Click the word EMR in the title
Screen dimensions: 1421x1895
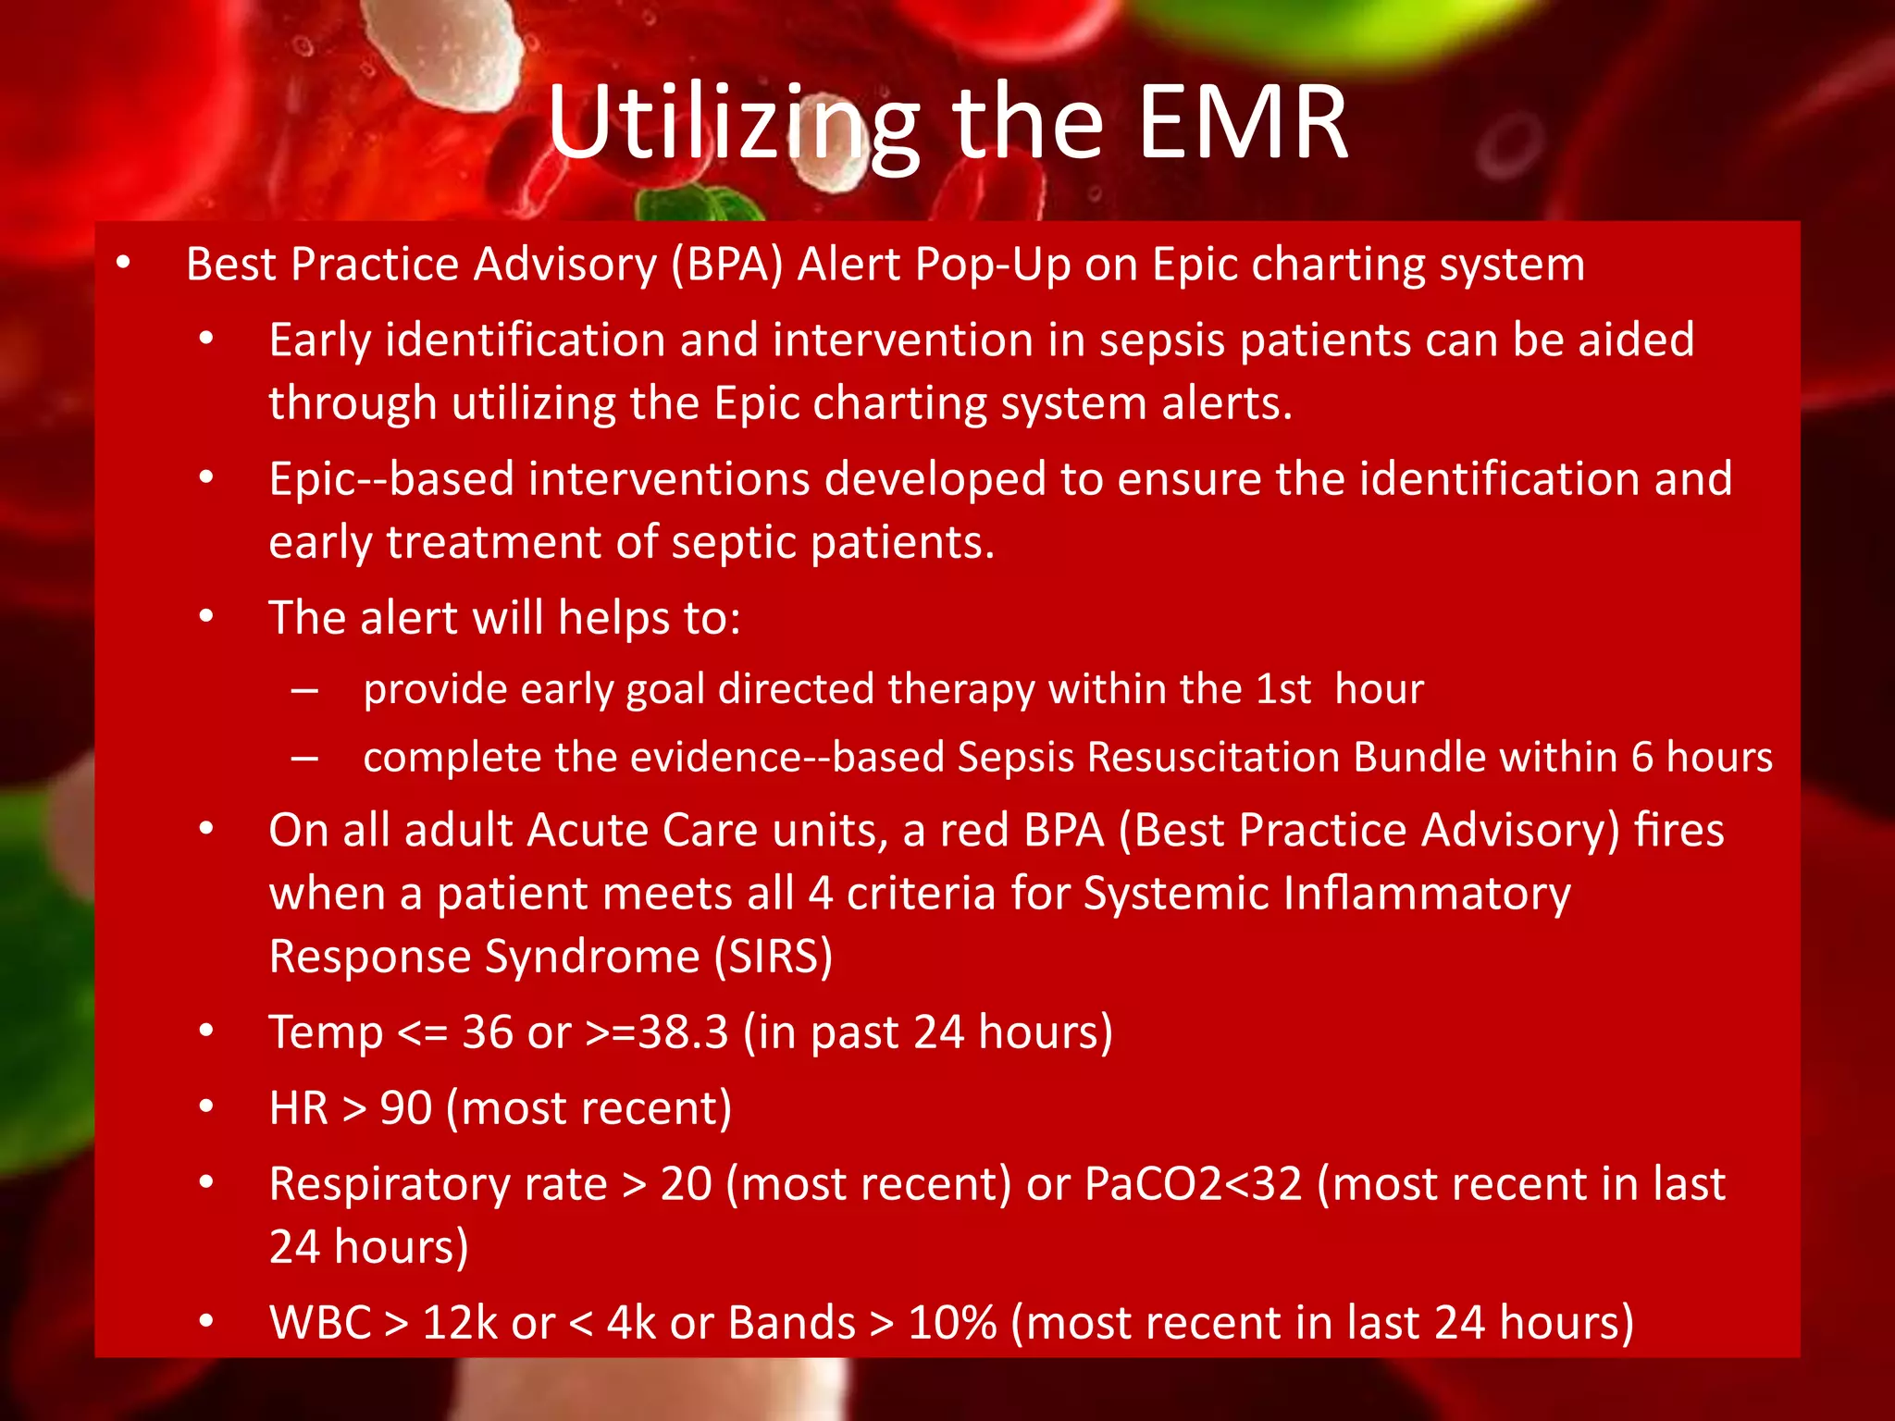pyautogui.click(x=1242, y=122)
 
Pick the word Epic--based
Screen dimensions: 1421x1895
pyautogui.click(x=390, y=479)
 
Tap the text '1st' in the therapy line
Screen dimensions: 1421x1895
pyautogui.click(x=1282, y=689)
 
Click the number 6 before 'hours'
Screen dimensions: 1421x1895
pyautogui.click(x=1641, y=758)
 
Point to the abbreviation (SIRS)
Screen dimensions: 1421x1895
pyautogui.click(x=773, y=957)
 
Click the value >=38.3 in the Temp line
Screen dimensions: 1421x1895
pyautogui.click(x=657, y=1032)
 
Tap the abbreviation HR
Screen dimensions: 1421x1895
pyautogui.click(x=298, y=1108)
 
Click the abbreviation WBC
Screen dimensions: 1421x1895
pyautogui.click(x=319, y=1323)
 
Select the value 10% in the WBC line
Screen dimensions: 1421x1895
pyautogui.click(x=952, y=1323)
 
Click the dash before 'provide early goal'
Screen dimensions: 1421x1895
pyautogui.click(x=304, y=690)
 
